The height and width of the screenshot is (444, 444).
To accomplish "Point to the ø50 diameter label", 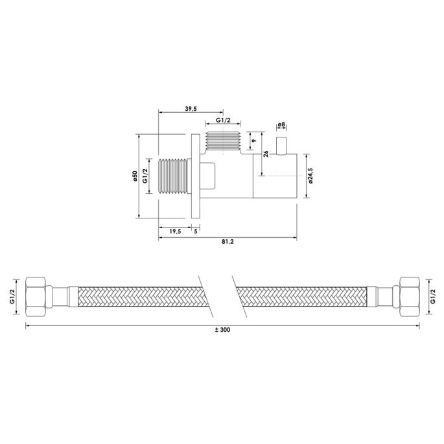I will [x=134, y=176].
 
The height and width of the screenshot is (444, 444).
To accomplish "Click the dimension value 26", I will [x=266, y=154].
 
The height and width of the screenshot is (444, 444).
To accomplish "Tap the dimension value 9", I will [x=254, y=141].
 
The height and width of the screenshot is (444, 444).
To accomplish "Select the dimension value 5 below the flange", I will [x=196, y=232].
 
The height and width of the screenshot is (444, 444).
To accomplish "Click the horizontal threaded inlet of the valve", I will [x=173, y=176].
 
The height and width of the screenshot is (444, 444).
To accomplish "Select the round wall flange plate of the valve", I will [x=196, y=176].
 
